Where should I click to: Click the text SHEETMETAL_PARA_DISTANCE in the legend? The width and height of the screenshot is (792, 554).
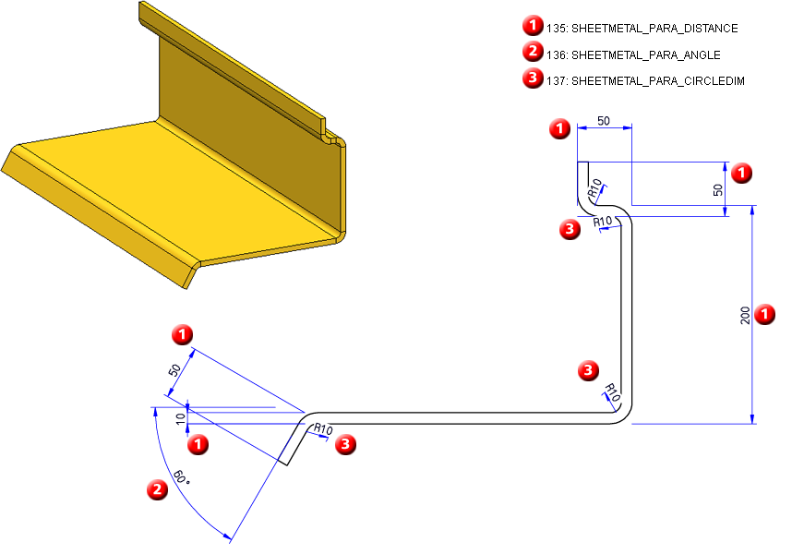[654, 29]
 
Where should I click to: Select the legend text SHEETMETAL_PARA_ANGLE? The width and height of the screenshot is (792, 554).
[646, 54]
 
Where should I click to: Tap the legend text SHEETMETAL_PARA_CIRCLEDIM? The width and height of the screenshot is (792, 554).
[658, 81]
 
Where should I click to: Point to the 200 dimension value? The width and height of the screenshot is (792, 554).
[745, 315]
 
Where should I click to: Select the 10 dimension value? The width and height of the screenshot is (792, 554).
[181, 420]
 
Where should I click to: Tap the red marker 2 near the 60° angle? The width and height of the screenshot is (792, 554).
[159, 490]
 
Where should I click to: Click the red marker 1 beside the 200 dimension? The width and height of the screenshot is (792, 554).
[765, 315]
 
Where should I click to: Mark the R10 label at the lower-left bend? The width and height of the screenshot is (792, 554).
[323, 429]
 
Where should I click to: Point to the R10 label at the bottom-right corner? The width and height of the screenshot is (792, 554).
[612, 393]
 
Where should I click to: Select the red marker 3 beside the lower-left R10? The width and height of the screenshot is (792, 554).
[345, 445]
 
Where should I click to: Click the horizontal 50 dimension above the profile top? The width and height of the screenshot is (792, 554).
[604, 121]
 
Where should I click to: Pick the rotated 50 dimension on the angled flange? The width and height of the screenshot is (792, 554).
[174, 371]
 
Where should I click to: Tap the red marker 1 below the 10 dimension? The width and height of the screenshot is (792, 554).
[198, 446]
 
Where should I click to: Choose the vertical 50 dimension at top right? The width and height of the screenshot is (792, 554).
[718, 189]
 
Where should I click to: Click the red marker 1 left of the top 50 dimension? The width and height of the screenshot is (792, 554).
[558, 129]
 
